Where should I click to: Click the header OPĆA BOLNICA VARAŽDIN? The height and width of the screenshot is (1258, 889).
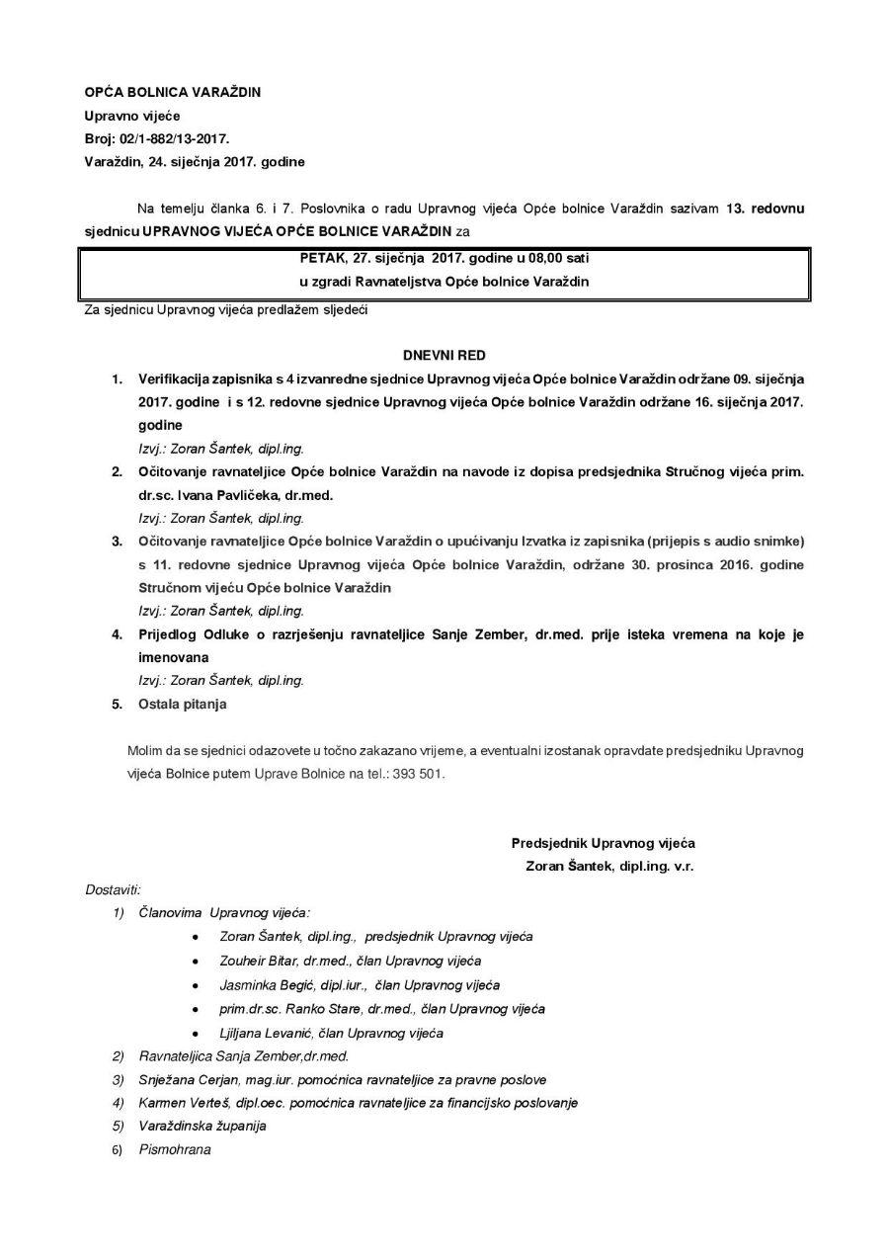point(172,92)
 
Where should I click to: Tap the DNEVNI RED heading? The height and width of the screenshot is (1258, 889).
point(444,353)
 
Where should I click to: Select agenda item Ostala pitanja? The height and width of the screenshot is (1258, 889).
point(183,704)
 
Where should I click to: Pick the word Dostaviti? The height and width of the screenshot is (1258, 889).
point(113,889)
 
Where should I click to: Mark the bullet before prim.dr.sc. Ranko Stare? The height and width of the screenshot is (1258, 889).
point(197,1009)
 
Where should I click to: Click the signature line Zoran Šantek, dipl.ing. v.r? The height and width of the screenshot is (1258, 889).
point(610,866)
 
